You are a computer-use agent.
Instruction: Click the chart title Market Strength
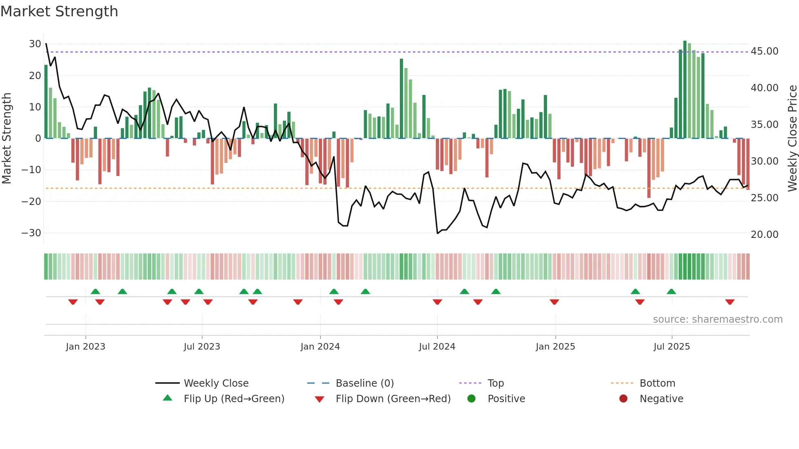59,11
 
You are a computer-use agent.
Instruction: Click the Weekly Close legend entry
216,383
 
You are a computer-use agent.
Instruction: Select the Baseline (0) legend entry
364,383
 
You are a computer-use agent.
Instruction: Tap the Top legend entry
495,383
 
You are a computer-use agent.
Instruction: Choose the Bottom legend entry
657,383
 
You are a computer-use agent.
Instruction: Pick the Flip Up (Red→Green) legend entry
234,399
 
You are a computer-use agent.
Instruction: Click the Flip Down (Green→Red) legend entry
393,399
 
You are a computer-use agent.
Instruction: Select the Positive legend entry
506,399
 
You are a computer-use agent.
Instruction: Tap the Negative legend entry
661,399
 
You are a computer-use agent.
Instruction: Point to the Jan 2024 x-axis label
320,347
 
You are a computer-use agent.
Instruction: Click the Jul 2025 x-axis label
671,347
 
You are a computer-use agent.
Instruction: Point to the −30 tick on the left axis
31,233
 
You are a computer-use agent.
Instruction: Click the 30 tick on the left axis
35,44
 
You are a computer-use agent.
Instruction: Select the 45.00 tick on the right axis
764,51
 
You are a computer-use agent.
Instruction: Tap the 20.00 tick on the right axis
764,235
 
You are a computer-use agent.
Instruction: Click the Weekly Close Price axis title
792,139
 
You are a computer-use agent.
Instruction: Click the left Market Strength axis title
7,139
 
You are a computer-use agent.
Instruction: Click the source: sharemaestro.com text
717,319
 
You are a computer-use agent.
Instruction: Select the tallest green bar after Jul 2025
685,90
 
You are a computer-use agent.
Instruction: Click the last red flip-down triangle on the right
730,302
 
